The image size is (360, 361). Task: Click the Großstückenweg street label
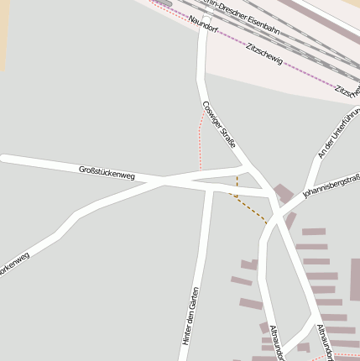click(107, 172)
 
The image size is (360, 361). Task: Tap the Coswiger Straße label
click(219, 124)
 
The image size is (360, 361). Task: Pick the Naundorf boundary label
click(204, 24)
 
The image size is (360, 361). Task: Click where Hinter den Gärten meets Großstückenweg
click(207, 186)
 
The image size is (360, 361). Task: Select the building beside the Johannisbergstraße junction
click(283, 194)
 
